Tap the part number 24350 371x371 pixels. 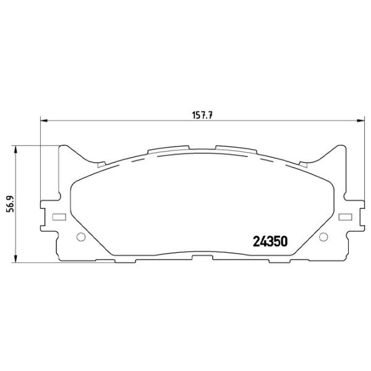point(271,241)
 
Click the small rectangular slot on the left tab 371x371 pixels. point(59,217)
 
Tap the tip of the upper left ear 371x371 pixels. point(63,147)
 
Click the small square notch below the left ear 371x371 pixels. point(100,164)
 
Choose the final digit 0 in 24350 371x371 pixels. point(286,241)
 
